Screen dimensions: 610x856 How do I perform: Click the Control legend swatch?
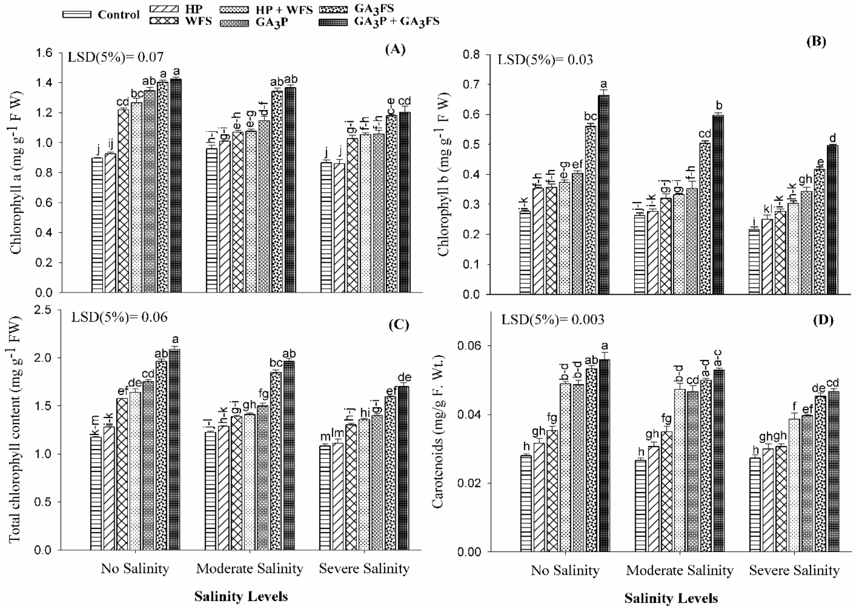[x=77, y=15]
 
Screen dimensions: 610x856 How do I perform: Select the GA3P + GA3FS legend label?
[x=397, y=21]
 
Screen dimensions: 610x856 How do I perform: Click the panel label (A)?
[x=395, y=49]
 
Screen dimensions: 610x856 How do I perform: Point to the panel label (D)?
[x=823, y=320]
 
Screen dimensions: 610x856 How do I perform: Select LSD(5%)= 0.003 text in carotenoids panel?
[x=553, y=320]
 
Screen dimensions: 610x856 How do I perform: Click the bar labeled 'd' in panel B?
[x=833, y=220]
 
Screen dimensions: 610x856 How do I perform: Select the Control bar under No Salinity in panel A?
[x=97, y=225]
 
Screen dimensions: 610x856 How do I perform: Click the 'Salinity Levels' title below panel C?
[x=241, y=596]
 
